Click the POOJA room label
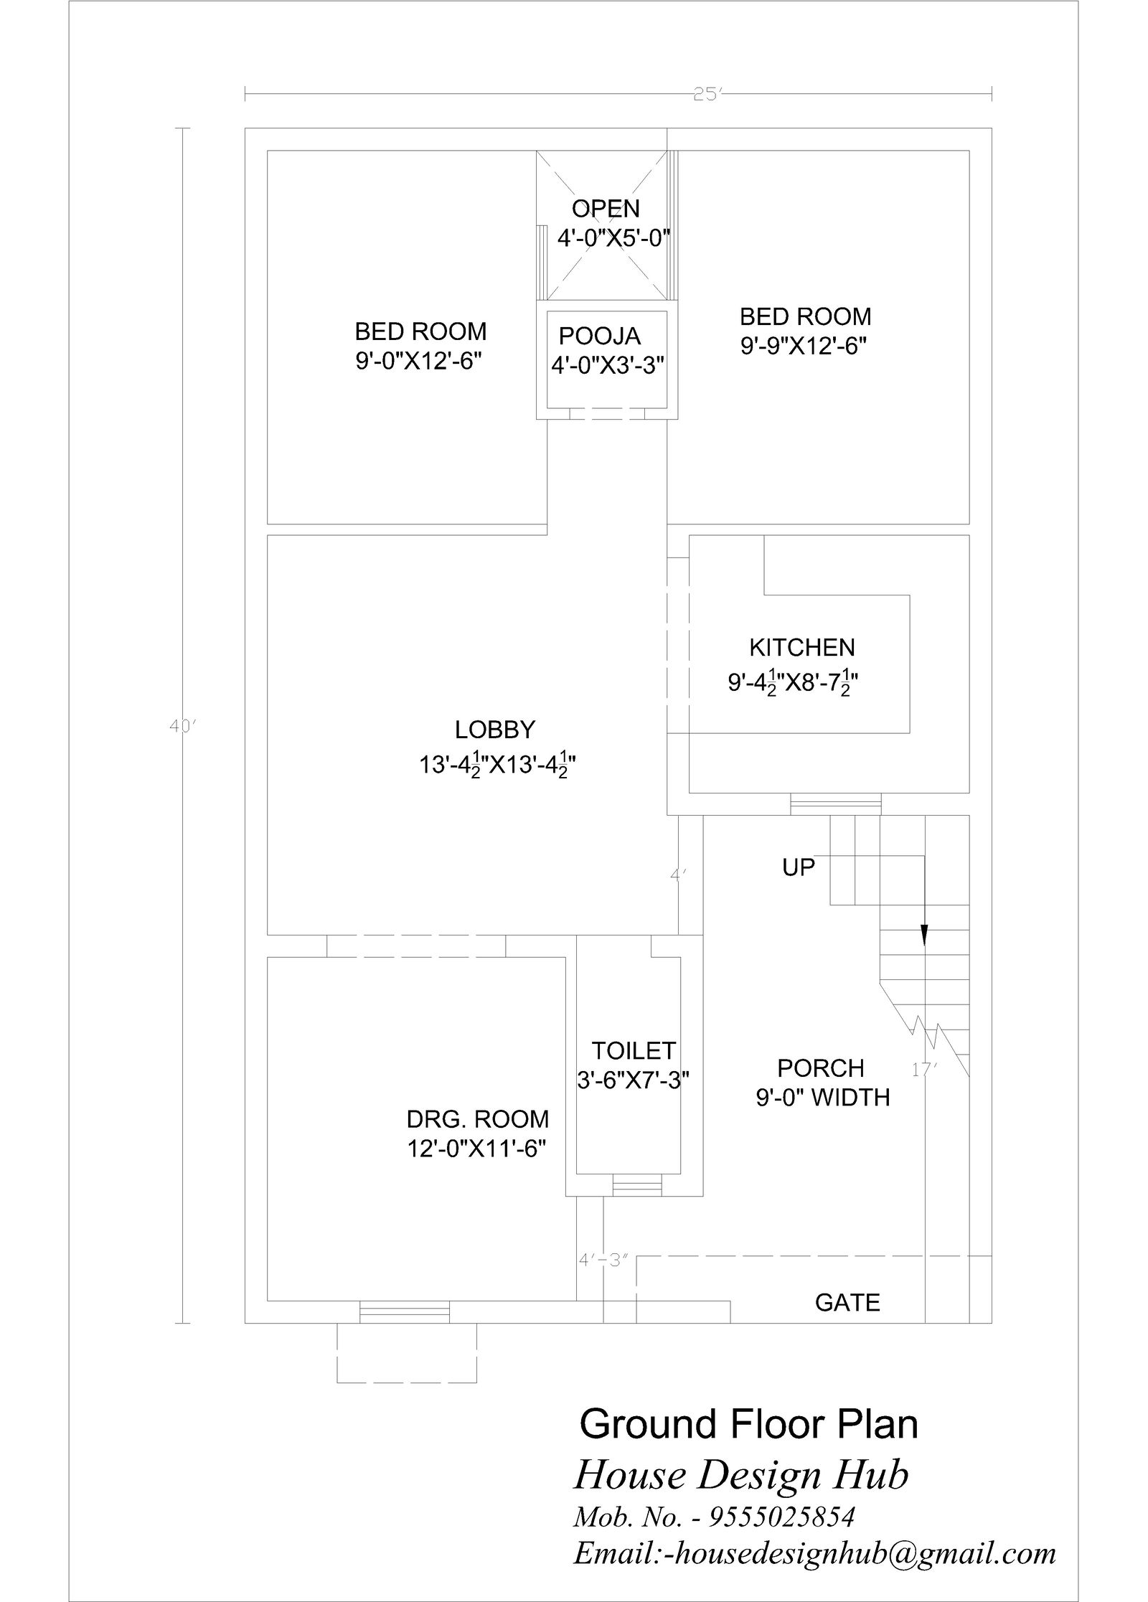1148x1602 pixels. (599, 336)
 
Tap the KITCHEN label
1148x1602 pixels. (801, 648)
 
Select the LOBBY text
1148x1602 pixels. (495, 730)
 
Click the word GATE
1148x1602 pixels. (847, 1302)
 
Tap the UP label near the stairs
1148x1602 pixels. (798, 867)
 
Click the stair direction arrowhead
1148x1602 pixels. (924, 934)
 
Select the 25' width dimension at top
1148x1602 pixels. (705, 94)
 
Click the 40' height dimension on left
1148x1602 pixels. (182, 727)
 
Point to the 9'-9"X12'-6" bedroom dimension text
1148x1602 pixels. (804, 347)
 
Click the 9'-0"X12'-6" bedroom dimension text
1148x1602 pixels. (418, 361)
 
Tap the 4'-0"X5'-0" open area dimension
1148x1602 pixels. (613, 237)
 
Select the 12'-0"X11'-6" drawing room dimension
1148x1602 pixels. (477, 1149)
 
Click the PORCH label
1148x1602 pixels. (821, 1068)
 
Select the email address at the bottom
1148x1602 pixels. (814, 1552)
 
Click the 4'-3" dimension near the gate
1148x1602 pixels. (603, 1260)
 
